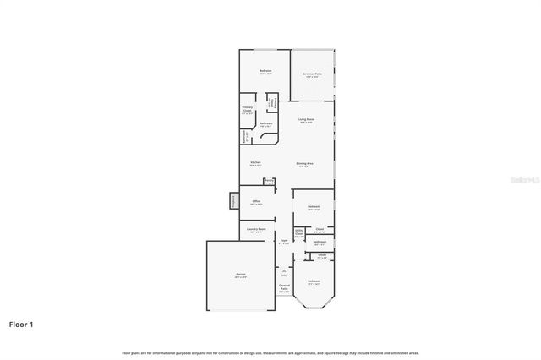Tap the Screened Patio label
click(313, 75)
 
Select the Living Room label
click(306, 121)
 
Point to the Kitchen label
click(255, 163)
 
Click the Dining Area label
click(305, 164)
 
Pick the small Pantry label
click(269, 180)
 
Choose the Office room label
click(256, 202)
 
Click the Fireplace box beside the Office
click(232, 200)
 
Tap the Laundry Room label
click(257, 230)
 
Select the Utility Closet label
click(299, 233)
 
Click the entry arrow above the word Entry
click(284, 270)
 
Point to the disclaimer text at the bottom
click(270, 352)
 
